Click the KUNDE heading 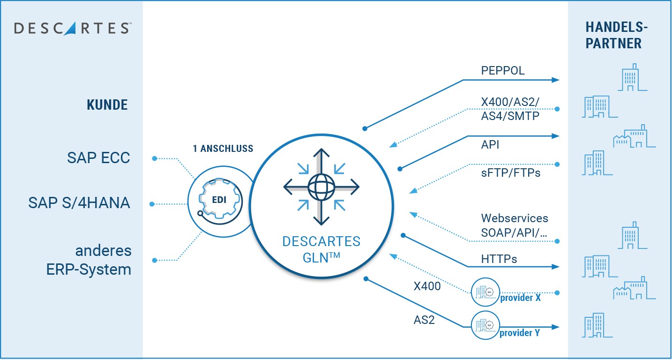(x=107, y=105)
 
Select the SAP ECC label (x=98, y=158)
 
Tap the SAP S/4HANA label (x=79, y=203)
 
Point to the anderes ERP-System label (x=89, y=260)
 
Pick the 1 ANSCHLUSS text (x=223, y=149)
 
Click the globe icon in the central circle (x=321, y=187)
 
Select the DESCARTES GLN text (x=321, y=250)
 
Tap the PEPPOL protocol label (x=503, y=71)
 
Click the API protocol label (x=490, y=145)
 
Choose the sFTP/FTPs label (x=511, y=173)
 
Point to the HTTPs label (x=499, y=259)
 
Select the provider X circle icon (x=485, y=292)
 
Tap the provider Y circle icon (x=485, y=324)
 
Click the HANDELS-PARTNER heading (x=613, y=36)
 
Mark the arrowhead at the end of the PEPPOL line (x=556, y=80)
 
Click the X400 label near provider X (x=427, y=286)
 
